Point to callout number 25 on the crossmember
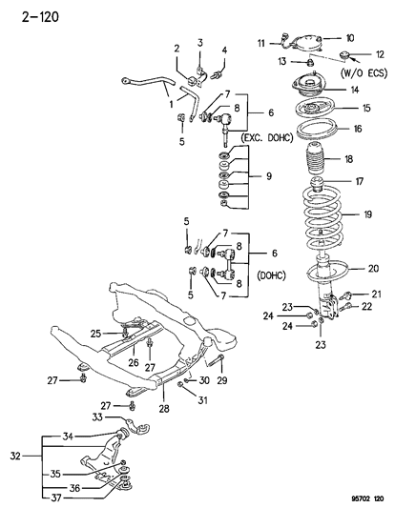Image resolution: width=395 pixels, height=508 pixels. pyautogui.click(x=95, y=333)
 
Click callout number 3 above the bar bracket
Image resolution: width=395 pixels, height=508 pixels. pyautogui.click(x=201, y=43)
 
